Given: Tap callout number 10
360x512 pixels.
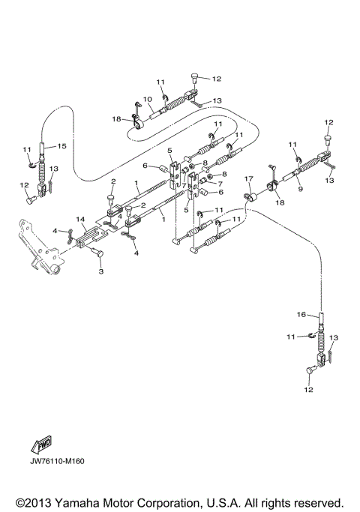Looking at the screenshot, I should (148, 99).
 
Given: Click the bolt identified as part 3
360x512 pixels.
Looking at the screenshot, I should (96, 255).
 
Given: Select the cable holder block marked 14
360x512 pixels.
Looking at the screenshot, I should (88, 234).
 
